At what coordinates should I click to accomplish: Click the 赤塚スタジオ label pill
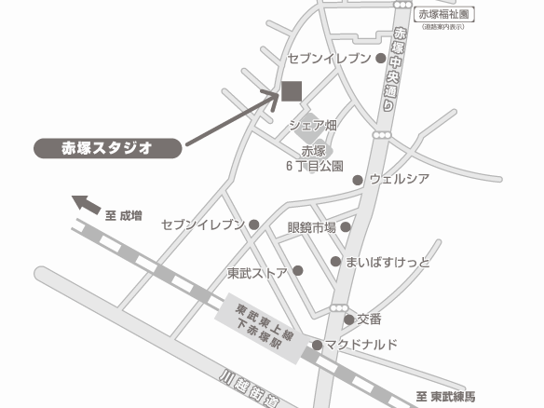tap(106, 147)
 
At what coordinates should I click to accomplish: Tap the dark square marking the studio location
tap(292, 90)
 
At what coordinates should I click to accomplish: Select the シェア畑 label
tap(312, 125)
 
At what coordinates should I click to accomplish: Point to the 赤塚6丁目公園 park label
tap(314, 159)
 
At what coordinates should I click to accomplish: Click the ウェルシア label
tap(399, 179)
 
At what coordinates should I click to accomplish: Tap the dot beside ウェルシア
tap(358, 180)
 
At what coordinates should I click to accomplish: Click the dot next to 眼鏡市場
tap(346, 226)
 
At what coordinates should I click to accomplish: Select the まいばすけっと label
tap(388, 263)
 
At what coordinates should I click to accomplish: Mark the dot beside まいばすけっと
tap(336, 262)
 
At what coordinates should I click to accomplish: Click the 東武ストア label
tap(257, 272)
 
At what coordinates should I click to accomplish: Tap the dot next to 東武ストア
tap(298, 271)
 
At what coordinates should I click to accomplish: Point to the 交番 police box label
tap(370, 320)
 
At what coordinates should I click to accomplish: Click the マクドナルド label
tap(361, 346)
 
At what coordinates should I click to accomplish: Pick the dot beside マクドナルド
tap(318, 346)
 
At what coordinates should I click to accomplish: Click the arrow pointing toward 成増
tap(86, 203)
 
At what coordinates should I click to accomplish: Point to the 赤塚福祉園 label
tap(447, 14)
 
